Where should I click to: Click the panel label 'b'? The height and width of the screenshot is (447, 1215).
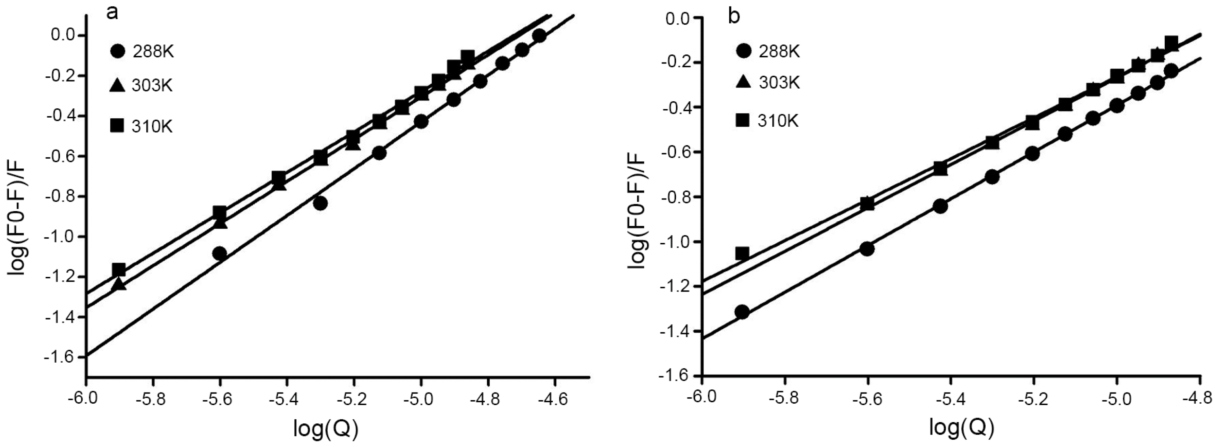pyautogui.click(x=734, y=17)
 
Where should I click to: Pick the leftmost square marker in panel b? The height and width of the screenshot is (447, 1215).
pyautogui.click(x=742, y=254)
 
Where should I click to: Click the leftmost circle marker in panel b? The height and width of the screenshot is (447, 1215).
pyautogui.click(x=742, y=312)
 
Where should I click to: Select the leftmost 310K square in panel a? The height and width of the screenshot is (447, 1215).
pyautogui.click(x=119, y=270)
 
